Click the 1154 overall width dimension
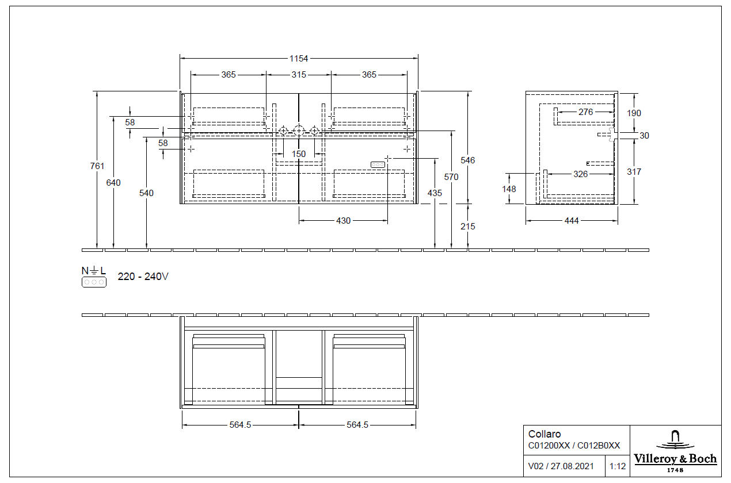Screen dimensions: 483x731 (299, 58)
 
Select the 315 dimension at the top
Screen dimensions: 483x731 (299, 75)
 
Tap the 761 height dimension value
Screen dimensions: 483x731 (97, 166)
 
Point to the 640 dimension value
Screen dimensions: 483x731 (113, 183)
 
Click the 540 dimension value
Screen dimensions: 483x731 (147, 193)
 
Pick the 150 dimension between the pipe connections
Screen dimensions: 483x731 (299, 154)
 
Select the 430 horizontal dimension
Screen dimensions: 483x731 (343, 221)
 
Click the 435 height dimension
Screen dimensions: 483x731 (435, 193)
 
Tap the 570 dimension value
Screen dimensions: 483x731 (451, 177)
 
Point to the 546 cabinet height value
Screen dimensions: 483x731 (468, 160)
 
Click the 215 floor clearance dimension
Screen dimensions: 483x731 (468, 227)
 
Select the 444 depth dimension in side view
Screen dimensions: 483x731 (572, 221)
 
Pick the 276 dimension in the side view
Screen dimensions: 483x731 (585, 112)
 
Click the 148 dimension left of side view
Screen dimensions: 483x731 (509, 189)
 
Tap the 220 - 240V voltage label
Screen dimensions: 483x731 (143, 277)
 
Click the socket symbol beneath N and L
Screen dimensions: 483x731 (94, 282)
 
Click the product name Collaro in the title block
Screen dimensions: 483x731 (545, 434)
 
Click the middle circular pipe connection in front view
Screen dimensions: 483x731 (299, 131)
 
